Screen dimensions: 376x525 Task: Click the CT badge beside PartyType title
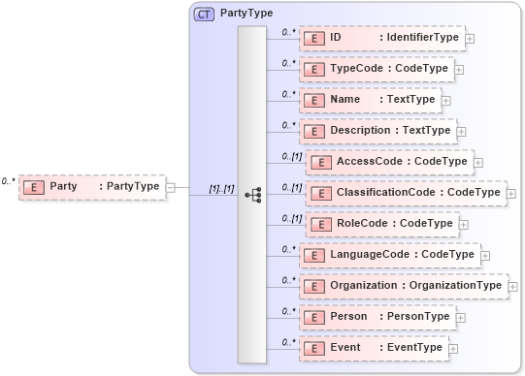[205, 15]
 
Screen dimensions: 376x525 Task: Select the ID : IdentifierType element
[381, 38]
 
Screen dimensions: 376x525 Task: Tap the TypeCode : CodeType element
[376, 70]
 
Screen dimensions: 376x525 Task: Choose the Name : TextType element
[370, 100]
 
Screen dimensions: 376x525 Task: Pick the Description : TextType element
[377, 131]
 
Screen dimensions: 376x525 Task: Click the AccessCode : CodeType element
[389, 162]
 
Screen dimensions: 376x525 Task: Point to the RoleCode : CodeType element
[381, 224]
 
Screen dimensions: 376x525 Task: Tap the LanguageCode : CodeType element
[388, 255]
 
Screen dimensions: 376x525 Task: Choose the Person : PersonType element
[377, 317]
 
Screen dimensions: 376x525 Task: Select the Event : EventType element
[373, 348]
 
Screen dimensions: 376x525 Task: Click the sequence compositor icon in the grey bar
[252, 195]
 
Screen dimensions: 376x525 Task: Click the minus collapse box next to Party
[171, 187]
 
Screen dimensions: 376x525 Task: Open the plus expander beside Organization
[512, 287]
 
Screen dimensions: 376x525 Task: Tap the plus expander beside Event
[452, 349]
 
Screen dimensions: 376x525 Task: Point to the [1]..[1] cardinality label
[221, 188]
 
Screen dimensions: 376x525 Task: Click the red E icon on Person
[313, 317]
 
